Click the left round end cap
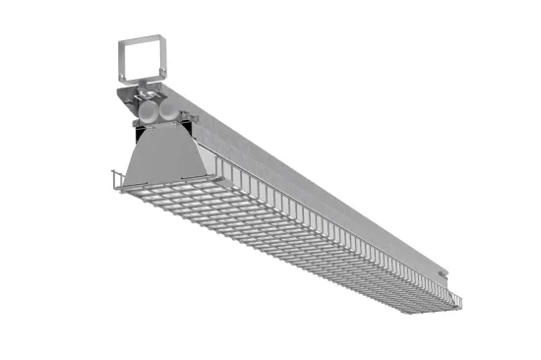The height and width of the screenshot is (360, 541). point(149,111)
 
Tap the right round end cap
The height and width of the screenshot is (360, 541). point(170,111)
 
